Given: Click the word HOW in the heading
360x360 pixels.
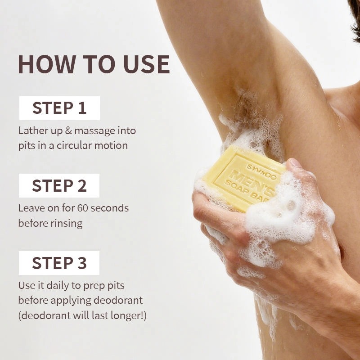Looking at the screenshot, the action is tap(47, 64).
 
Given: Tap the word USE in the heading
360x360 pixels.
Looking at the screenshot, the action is tap(147, 64).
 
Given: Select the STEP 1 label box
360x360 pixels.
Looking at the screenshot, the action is tap(59, 108).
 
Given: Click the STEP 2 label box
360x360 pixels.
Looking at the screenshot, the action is tap(59, 185).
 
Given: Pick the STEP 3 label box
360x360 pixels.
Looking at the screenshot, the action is tap(59, 263).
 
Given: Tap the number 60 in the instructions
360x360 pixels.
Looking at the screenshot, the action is tap(83, 208).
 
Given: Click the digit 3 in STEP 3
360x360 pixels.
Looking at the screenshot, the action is tap(82, 263).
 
